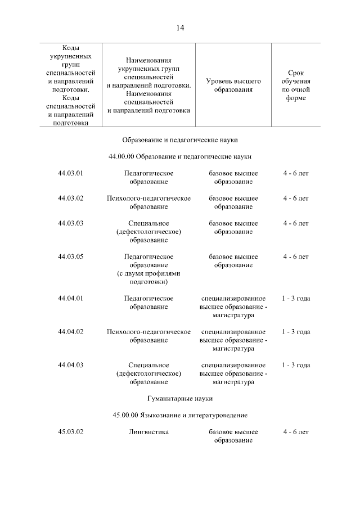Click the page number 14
[x=180, y=28]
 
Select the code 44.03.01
[x=70, y=173]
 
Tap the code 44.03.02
[x=70, y=198]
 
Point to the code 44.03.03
[x=70, y=223]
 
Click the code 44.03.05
[x=70, y=256]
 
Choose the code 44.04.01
[x=70, y=298]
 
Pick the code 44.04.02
[x=70, y=331]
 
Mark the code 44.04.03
[x=70, y=365]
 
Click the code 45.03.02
[x=70, y=431]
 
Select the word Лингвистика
[x=148, y=431]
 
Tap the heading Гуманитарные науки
[x=180, y=398]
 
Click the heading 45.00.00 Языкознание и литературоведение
[x=180, y=415]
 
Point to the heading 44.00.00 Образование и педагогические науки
[x=180, y=156]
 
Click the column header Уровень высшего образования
[x=233, y=85]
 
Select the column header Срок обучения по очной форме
[x=295, y=85]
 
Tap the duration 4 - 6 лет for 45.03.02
[x=296, y=431]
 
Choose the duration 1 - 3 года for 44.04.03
[x=296, y=365]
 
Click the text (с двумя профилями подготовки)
[x=148, y=277]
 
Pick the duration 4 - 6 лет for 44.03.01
[x=296, y=173]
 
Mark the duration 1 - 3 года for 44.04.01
[x=296, y=298]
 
